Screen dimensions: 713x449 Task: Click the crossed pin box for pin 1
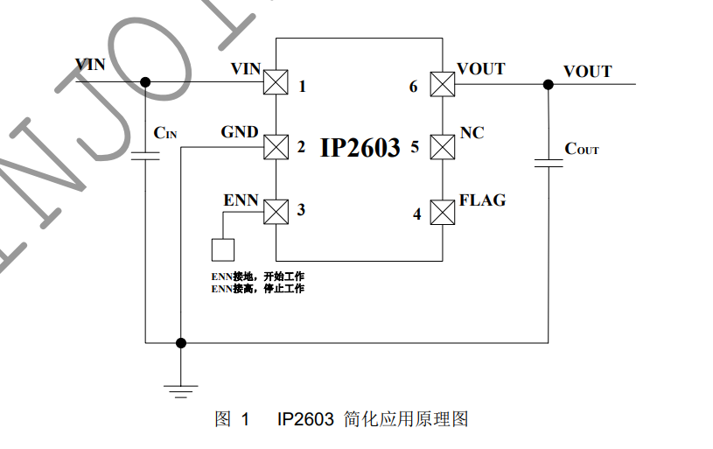[276, 82]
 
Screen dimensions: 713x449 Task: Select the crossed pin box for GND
[276, 147]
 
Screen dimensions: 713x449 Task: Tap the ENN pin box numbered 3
[276, 212]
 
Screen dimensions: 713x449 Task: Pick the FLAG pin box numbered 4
[443, 212]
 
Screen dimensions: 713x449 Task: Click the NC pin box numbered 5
[443, 147]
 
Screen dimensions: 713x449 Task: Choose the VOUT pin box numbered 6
[443, 84]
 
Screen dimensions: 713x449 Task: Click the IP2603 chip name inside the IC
[360, 147]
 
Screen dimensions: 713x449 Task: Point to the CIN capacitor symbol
[145, 156]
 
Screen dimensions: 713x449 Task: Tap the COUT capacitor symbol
[549, 164]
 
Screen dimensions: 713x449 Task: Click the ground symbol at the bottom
[181, 391]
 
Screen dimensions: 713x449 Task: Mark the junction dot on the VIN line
[145, 82]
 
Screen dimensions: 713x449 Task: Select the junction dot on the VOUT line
[549, 84]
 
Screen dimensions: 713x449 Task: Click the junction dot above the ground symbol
[181, 342]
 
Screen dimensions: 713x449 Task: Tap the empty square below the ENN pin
[223, 249]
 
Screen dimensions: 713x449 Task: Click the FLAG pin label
[482, 200]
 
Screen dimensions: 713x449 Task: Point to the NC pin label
[472, 133]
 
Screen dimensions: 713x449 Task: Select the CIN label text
[165, 133]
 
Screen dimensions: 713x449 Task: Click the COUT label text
[582, 149]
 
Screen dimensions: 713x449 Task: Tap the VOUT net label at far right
[588, 72]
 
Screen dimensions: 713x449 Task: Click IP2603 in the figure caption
[305, 419]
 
